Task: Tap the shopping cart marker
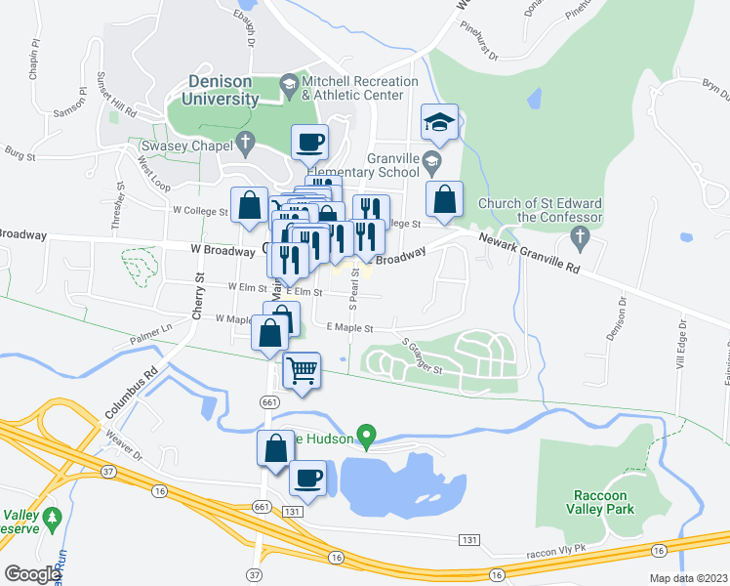click(x=303, y=370)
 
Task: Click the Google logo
click(x=33, y=574)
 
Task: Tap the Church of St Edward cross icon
click(x=580, y=236)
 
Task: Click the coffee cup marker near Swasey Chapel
click(x=309, y=143)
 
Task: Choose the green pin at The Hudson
click(x=367, y=435)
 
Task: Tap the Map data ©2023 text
click(x=691, y=578)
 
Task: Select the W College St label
click(x=199, y=210)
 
